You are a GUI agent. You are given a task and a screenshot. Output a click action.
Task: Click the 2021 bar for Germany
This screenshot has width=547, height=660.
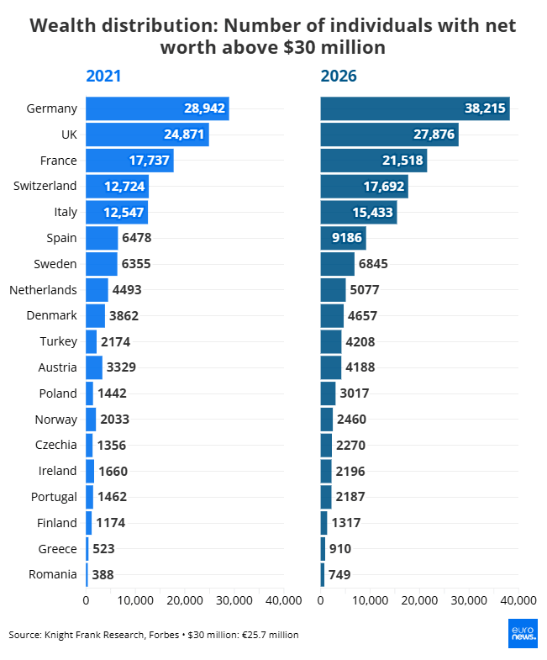click(x=157, y=108)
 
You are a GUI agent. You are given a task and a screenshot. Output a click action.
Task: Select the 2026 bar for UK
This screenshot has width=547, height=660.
click(x=390, y=135)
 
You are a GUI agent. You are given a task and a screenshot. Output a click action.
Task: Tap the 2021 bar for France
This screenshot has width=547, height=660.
click(x=129, y=161)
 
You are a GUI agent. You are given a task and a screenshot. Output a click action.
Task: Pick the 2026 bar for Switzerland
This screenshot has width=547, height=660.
click(x=365, y=187)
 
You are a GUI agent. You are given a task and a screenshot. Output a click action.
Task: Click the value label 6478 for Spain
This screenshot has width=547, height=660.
click(x=137, y=238)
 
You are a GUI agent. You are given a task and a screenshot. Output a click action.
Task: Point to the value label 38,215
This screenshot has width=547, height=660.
click(x=485, y=108)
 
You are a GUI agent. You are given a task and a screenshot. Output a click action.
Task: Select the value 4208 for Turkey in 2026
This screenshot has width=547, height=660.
click(x=360, y=342)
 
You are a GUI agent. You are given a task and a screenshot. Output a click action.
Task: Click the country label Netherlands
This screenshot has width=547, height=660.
click(x=43, y=290)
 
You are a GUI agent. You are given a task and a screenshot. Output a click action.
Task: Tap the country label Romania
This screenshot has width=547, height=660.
click(x=53, y=574)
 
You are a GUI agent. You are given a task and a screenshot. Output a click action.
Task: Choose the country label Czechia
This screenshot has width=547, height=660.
click(x=56, y=445)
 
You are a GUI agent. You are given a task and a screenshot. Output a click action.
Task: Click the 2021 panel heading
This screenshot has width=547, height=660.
click(x=103, y=77)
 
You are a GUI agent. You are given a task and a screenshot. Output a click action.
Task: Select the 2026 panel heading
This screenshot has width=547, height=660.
click(x=339, y=77)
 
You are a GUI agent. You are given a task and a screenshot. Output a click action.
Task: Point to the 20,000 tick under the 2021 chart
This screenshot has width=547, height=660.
click(x=185, y=600)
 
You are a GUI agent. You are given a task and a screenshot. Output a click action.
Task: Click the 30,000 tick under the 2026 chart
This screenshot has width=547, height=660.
click(x=469, y=600)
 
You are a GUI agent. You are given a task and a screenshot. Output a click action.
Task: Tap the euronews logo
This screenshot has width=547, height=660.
click(x=523, y=633)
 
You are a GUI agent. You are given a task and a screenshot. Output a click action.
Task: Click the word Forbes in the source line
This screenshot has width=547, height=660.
click(x=164, y=635)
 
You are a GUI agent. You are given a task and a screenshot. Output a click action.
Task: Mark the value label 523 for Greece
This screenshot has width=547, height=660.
click(x=103, y=549)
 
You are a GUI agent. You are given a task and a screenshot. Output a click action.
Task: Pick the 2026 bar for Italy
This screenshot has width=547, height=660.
click(x=359, y=212)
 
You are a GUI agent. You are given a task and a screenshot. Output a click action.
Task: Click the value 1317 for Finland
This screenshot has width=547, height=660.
click(x=346, y=523)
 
